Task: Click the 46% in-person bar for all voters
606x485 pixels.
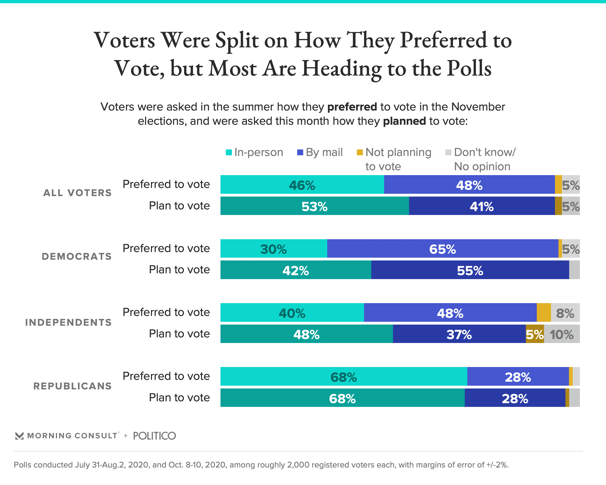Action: click(x=302, y=185)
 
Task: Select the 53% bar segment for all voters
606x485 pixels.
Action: click(x=314, y=206)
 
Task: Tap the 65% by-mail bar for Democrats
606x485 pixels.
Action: click(x=442, y=249)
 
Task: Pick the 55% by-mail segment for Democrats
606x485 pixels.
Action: click(x=470, y=270)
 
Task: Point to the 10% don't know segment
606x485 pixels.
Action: click(x=561, y=334)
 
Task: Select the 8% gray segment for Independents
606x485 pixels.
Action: click(x=565, y=313)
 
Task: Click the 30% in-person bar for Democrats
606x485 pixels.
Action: click(x=273, y=249)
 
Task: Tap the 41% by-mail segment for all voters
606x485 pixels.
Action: click(x=482, y=206)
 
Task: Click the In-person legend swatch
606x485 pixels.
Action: click(x=229, y=152)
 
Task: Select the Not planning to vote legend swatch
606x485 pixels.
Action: click(x=359, y=152)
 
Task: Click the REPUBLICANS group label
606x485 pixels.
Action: click(x=72, y=386)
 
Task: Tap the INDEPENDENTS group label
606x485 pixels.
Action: click(x=69, y=322)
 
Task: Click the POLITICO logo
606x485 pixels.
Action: click(x=154, y=436)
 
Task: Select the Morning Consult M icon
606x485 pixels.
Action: click(x=19, y=436)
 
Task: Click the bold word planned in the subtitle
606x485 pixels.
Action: click(x=404, y=121)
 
